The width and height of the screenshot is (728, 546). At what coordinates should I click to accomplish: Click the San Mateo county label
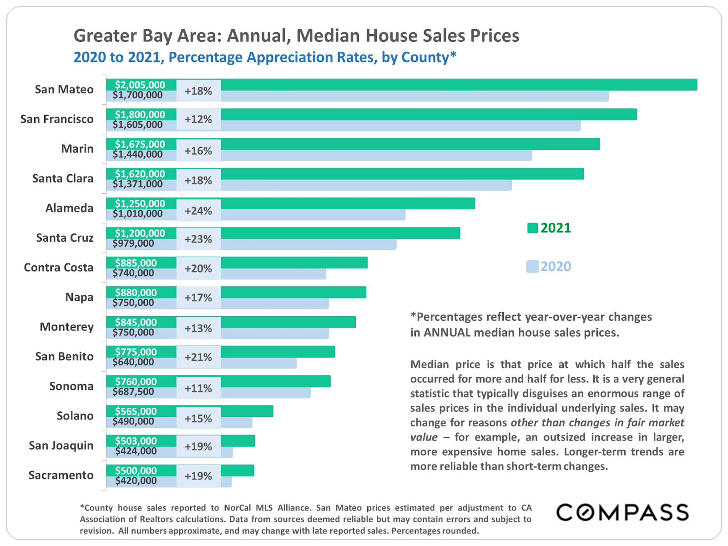[x=64, y=90]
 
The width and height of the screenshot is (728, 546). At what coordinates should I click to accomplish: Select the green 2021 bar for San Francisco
[x=428, y=114]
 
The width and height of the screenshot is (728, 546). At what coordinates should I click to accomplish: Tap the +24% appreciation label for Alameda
[x=198, y=211]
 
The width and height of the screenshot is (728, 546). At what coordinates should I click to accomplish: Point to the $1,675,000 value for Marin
[x=140, y=144]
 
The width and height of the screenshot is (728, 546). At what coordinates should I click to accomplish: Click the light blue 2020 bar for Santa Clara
[x=364, y=185]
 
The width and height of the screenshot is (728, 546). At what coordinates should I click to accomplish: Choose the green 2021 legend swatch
[x=532, y=228]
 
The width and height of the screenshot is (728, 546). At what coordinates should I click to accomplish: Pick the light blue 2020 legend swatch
[x=532, y=267]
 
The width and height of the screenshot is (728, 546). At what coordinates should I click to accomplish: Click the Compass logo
[x=622, y=513]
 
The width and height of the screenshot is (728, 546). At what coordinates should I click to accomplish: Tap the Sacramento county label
[x=61, y=475]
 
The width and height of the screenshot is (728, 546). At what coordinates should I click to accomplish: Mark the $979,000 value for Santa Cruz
[x=133, y=243]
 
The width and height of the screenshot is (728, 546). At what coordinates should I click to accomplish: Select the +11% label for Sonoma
[x=198, y=389]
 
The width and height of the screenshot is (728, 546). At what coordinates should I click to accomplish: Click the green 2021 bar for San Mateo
[x=455, y=85]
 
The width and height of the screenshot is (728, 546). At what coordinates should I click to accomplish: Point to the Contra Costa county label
[x=59, y=268]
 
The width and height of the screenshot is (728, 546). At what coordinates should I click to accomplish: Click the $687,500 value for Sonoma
[x=133, y=392]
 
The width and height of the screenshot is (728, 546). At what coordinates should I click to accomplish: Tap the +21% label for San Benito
[x=198, y=357]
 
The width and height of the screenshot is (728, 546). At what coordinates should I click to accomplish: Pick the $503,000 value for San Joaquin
[x=136, y=441]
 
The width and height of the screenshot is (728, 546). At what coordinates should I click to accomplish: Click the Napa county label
[x=79, y=297]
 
